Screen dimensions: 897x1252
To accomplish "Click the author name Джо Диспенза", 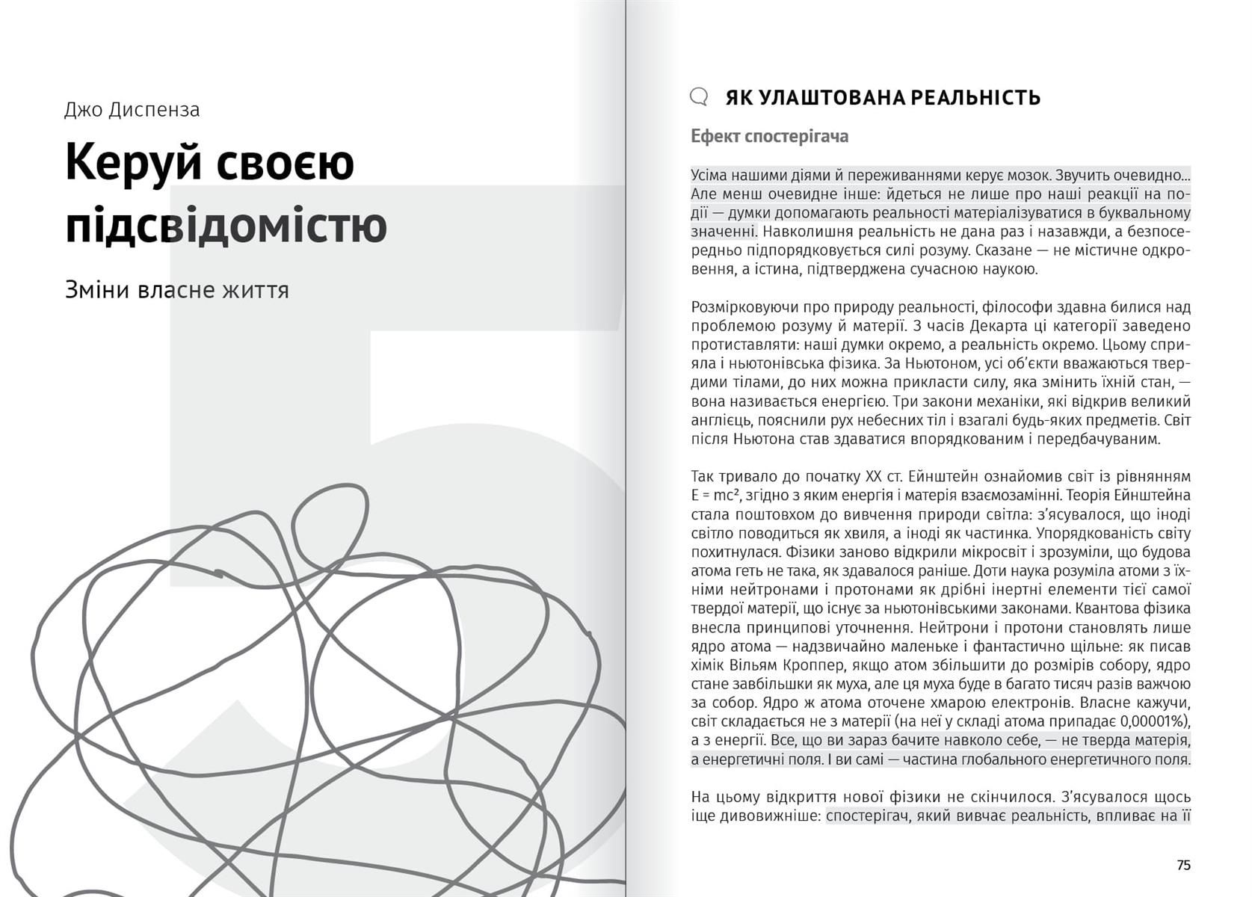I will tap(132, 110).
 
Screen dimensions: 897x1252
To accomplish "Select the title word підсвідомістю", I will tap(226, 225).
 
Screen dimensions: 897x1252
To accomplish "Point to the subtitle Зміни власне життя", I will tap(176, 290).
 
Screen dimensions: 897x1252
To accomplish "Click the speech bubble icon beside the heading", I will tap(698, 96).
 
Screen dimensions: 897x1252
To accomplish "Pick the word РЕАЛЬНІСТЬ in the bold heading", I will tap(975, 98).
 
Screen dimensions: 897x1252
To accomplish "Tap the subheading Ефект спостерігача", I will tap(769, 137).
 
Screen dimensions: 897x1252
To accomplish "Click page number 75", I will tap(1183, 865).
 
